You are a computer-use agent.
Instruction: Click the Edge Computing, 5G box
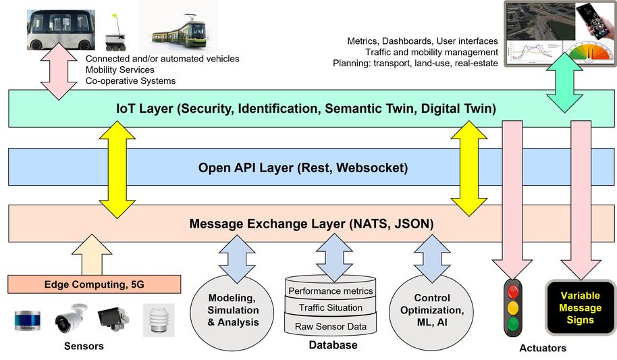click(95, 284)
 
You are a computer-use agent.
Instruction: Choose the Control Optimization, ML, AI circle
click(432, 310)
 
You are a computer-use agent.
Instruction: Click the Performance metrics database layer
click(330, 291)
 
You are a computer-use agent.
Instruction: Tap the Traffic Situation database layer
click(330, 307)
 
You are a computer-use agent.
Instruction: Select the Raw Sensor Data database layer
click(330, 326)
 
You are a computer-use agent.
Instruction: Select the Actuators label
click(543, 349)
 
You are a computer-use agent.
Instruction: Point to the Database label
click(330, 346)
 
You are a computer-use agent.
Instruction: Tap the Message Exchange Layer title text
click(311, 224)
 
